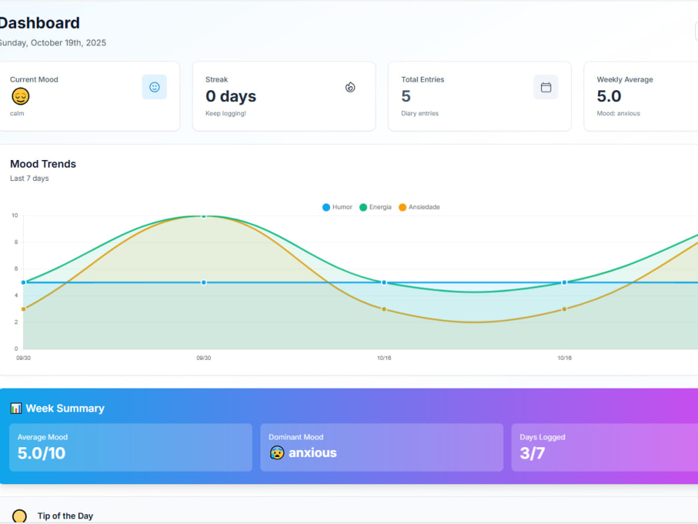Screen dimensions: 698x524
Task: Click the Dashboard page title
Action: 39,23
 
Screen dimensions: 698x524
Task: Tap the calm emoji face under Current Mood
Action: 20,96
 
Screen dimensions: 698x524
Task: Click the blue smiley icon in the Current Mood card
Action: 154,87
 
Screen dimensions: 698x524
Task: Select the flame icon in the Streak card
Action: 350,87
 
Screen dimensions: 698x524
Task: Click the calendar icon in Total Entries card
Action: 546,87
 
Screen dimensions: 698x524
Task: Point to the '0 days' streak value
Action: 230,96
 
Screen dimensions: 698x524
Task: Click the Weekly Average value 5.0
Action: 609,96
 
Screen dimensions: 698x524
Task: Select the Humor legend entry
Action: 337,208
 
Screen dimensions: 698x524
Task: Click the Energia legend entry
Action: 376,208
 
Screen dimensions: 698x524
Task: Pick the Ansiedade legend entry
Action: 419,208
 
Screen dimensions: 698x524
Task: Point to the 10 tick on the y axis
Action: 15,216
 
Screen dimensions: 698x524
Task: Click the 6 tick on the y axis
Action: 16,269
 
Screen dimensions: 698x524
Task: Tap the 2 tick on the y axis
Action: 16,322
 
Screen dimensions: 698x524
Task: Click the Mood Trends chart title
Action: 43,164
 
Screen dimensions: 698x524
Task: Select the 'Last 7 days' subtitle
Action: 29,178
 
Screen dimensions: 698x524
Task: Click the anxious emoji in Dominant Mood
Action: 277,453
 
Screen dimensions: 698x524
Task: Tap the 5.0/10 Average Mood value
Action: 41,453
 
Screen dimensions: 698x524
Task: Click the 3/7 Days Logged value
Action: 533,453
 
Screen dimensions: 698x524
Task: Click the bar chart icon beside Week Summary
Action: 16,408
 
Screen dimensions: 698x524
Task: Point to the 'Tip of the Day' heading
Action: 66,516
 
